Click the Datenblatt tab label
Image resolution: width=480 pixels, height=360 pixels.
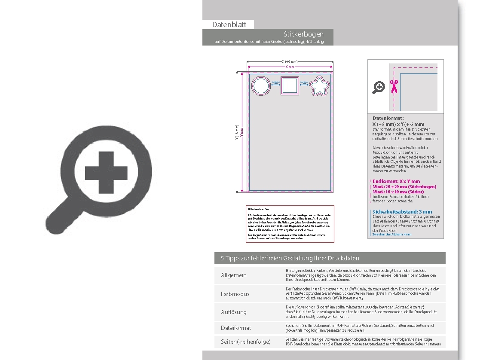pos(229,24)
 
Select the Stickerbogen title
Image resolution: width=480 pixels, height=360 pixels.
pos(303,34)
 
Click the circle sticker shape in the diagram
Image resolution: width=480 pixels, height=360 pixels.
pos(260,86)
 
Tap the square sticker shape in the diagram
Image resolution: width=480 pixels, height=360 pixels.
pos(290,86)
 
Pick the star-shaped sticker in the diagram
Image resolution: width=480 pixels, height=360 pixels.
pos(319,86)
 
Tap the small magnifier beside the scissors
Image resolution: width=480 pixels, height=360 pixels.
pos(378,88)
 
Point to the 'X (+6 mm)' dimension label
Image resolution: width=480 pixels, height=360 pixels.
pos(290,61)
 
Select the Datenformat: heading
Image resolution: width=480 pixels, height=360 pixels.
pos(388,118)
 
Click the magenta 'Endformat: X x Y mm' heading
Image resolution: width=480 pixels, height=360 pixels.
pos(396,181)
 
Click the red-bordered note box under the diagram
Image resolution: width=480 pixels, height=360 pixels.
pos(290,224)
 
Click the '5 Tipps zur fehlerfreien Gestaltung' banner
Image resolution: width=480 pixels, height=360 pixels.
pos(330,258)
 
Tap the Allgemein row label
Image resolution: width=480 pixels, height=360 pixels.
pos(234,275)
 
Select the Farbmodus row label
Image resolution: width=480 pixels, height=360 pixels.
pos(235,294)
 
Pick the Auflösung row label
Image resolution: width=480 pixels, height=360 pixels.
pos(234,312)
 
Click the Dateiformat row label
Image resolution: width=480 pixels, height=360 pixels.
pos(236,328)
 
